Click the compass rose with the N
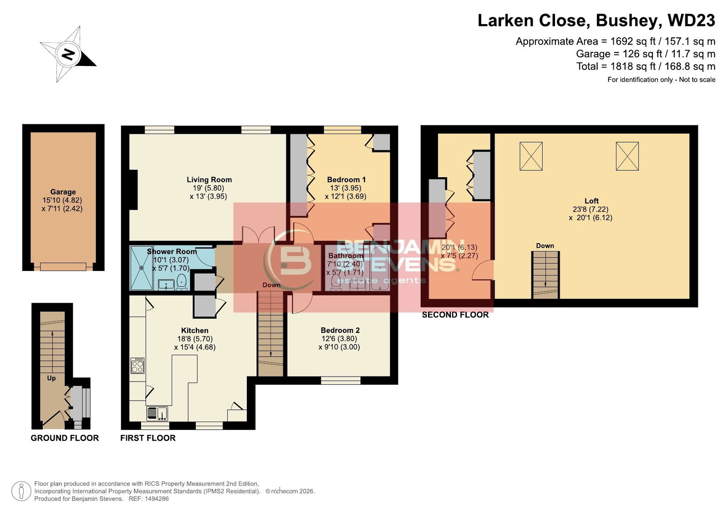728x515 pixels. (68, 54)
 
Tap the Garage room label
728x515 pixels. (63, 192)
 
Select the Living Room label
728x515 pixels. (209, 179)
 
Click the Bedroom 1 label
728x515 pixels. (346, 179)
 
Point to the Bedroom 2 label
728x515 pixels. (340, 330)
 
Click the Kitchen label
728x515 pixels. (195, 330)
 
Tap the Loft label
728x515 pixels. (591, 201)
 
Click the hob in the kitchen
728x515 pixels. (137, 366)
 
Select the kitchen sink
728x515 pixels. (157, 413)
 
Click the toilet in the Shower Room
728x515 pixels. (181, 281)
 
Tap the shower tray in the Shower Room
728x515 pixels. (142, 268)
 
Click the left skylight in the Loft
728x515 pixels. (531, 156)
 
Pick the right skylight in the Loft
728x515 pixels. (627, 156)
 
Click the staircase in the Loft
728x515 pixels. (545, 275)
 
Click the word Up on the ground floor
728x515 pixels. (51, 378)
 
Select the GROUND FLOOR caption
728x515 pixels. (65, 438)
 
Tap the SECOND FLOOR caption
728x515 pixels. (455, 315)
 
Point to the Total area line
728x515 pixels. (646, 66)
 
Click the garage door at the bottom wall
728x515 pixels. (63, 267)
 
